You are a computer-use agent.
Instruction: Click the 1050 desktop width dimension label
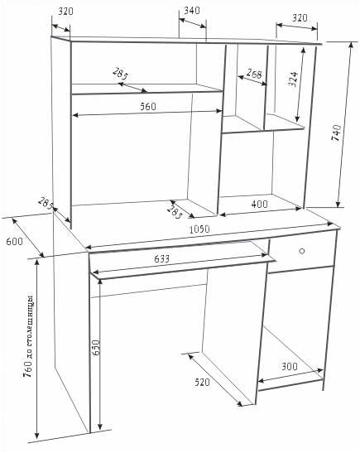(199, 229)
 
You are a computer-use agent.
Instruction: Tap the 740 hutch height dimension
(336, 133)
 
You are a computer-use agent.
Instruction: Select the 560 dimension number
(148, 107)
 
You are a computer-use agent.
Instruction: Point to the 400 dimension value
(260, 205)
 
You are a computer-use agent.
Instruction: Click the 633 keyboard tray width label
(162, 258)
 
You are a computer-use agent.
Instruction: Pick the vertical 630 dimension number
(96, 348)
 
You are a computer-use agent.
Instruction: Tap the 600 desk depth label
(14, 241)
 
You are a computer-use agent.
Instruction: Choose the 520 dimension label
(202, 383)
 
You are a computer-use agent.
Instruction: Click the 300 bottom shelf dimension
(290, 366)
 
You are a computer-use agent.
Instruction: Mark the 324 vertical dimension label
(293, 80)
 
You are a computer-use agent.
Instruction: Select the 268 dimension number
(254, 74)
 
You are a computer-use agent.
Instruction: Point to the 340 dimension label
(192, 11)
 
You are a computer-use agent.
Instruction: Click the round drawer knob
(302, 251)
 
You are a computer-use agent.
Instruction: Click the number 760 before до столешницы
(28, 369)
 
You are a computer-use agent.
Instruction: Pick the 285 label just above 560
(120, 74)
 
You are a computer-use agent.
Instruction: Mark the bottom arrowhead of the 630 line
(99, 426)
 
